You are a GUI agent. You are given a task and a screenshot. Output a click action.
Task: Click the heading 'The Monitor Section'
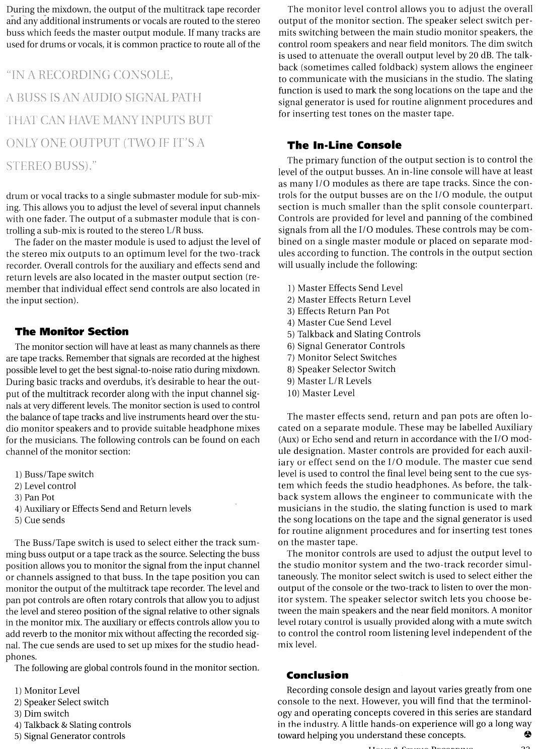click(x=71, y=332)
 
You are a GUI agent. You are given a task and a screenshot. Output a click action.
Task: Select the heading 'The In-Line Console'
click(x=344, y=145)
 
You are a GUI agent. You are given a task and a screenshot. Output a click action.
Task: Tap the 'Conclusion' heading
click(x=317, y=675)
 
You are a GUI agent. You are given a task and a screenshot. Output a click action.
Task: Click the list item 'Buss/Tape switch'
click(x=54, y=475)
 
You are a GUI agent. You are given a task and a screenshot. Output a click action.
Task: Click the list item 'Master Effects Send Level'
click(x=345, y=288)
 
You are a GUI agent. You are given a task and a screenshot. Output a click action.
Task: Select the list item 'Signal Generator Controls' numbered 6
click(x=346, y=346)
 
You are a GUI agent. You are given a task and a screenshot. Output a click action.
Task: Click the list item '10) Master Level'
click(x=321, y=393)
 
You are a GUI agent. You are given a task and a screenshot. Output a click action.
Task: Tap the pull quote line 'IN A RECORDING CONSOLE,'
click(x=90, y=75)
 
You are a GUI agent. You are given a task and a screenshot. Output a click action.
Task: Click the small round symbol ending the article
click(x=527, y=734)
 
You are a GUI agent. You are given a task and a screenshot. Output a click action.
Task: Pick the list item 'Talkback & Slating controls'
click(x=72, y=725)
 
